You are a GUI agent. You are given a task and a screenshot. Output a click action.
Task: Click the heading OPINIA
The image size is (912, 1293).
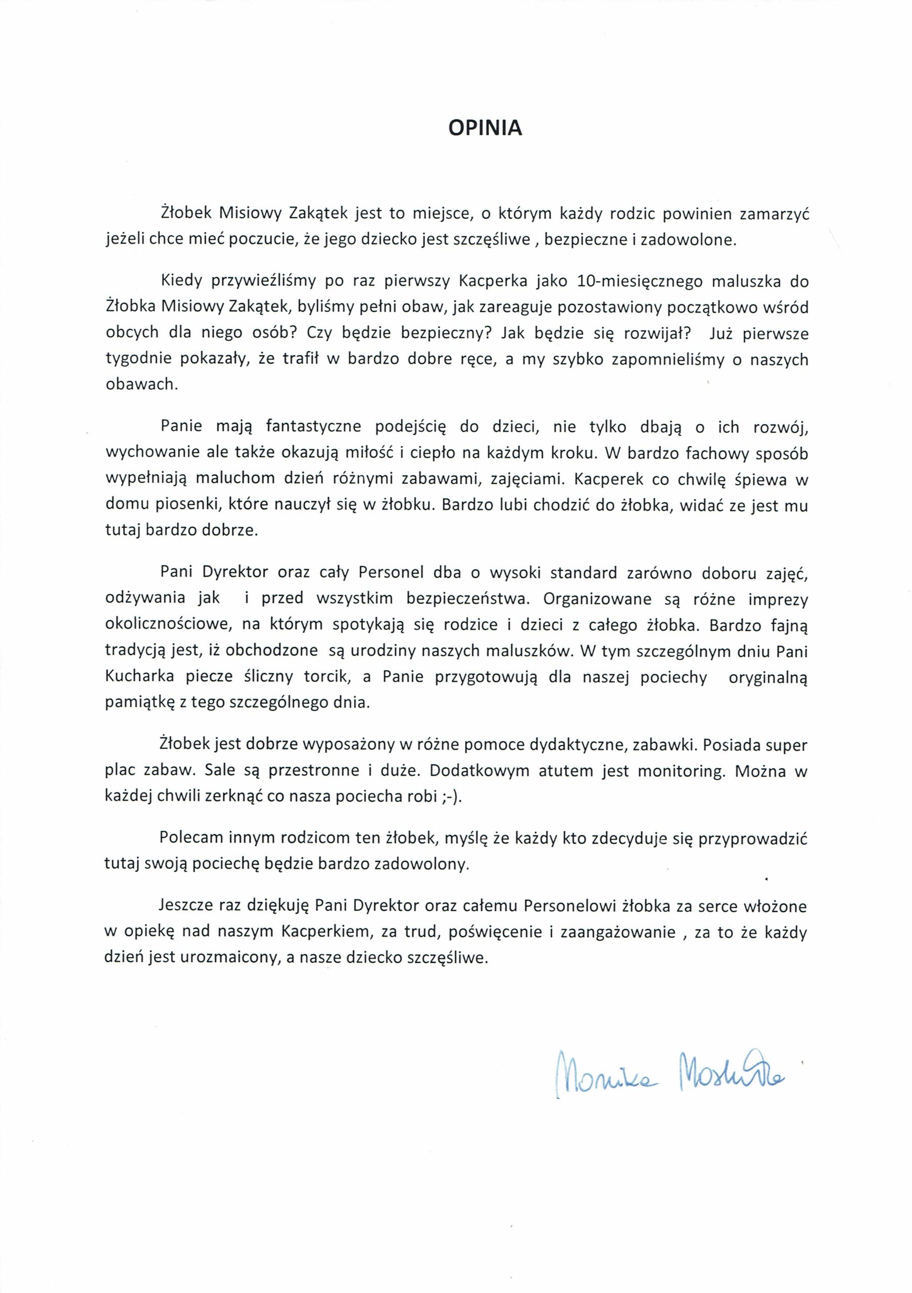click(485, 129)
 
